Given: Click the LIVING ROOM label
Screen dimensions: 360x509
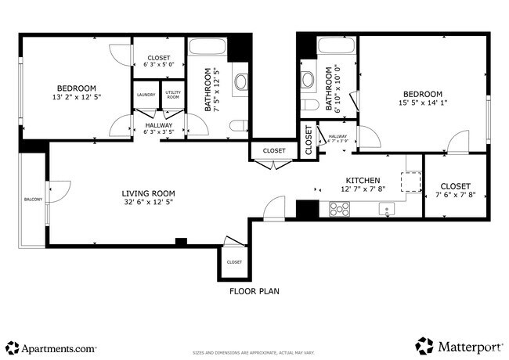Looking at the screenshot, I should pyautogui.click(x=148, y=193).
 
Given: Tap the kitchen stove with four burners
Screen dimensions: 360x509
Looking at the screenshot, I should pyautogui.click(x=340, y=209).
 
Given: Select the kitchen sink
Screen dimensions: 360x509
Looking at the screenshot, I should pyautogui.click(x=385, y=209).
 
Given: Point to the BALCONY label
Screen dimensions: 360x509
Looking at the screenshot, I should pyautogui.click(x=32, y=199).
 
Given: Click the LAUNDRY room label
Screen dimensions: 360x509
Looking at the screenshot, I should pyautogui.click(x=146, y=95).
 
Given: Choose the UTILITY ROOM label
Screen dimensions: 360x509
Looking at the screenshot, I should pyautogui.click(x=173, y=95).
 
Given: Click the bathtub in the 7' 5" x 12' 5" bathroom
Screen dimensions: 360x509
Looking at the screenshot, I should pyautogui.click(x=208, y=45).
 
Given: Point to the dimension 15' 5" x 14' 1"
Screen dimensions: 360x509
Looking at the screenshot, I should pyautogui.click(x=423, y=103).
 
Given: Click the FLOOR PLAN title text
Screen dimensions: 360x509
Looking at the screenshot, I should pyautogui.click(x=254, y=291).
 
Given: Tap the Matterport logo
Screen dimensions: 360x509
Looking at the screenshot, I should pyautogui.click(x=459, y=346).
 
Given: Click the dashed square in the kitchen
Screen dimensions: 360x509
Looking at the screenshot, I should pyautogui.click(x=410, y=181).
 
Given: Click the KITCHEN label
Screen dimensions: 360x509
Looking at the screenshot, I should pyautogui.click(x=363, y=179).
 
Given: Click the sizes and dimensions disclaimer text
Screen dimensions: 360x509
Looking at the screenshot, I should pyautogui.click(x=254, y=353).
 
